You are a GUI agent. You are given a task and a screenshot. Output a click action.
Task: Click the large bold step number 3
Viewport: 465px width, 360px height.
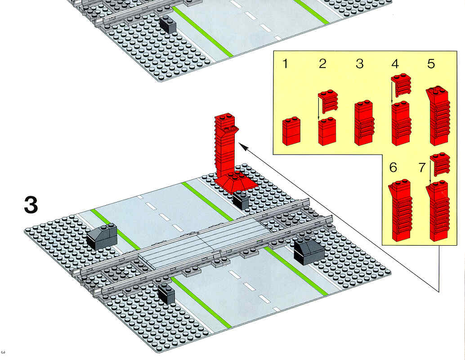(x=31, y=205)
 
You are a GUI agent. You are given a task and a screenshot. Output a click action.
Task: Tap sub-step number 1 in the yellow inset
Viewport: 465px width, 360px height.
(x=285, y=63)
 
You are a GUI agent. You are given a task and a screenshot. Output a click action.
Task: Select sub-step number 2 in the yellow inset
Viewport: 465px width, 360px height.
(x=322, y=63)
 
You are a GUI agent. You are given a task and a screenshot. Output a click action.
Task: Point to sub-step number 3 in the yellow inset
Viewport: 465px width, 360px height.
(x=359, y=63)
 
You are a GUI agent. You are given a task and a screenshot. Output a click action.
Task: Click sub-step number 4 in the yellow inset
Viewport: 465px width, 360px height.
(x=395, y=63)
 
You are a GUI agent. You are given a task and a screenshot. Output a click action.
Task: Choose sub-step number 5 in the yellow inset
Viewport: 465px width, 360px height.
(x=431, y=63)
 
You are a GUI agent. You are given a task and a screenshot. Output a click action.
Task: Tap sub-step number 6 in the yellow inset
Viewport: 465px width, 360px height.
(x=393, y=168)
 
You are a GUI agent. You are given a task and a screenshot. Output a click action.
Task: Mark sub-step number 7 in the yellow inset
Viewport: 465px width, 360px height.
(x=422, y=168)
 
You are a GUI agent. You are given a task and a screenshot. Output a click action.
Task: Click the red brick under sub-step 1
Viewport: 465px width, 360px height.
(x=291, y=131)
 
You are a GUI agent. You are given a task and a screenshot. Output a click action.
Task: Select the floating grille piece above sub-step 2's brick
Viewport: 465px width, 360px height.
(x=328, y=101)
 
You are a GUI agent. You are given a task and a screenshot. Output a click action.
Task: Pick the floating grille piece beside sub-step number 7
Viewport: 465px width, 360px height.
(x=440, y=164)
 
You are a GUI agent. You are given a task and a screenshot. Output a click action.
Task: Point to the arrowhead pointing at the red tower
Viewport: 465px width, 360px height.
(x=242, y=147)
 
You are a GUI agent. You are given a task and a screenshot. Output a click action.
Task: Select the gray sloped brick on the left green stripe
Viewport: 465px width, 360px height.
(x=102, y=236)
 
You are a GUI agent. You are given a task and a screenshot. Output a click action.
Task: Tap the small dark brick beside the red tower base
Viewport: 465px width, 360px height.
(x=241, y=200)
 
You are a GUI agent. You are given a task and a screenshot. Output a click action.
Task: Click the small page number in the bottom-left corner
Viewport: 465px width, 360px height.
(x=3, y=352)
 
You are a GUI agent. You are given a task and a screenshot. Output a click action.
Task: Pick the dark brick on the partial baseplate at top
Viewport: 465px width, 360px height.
(x=168, y=24)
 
